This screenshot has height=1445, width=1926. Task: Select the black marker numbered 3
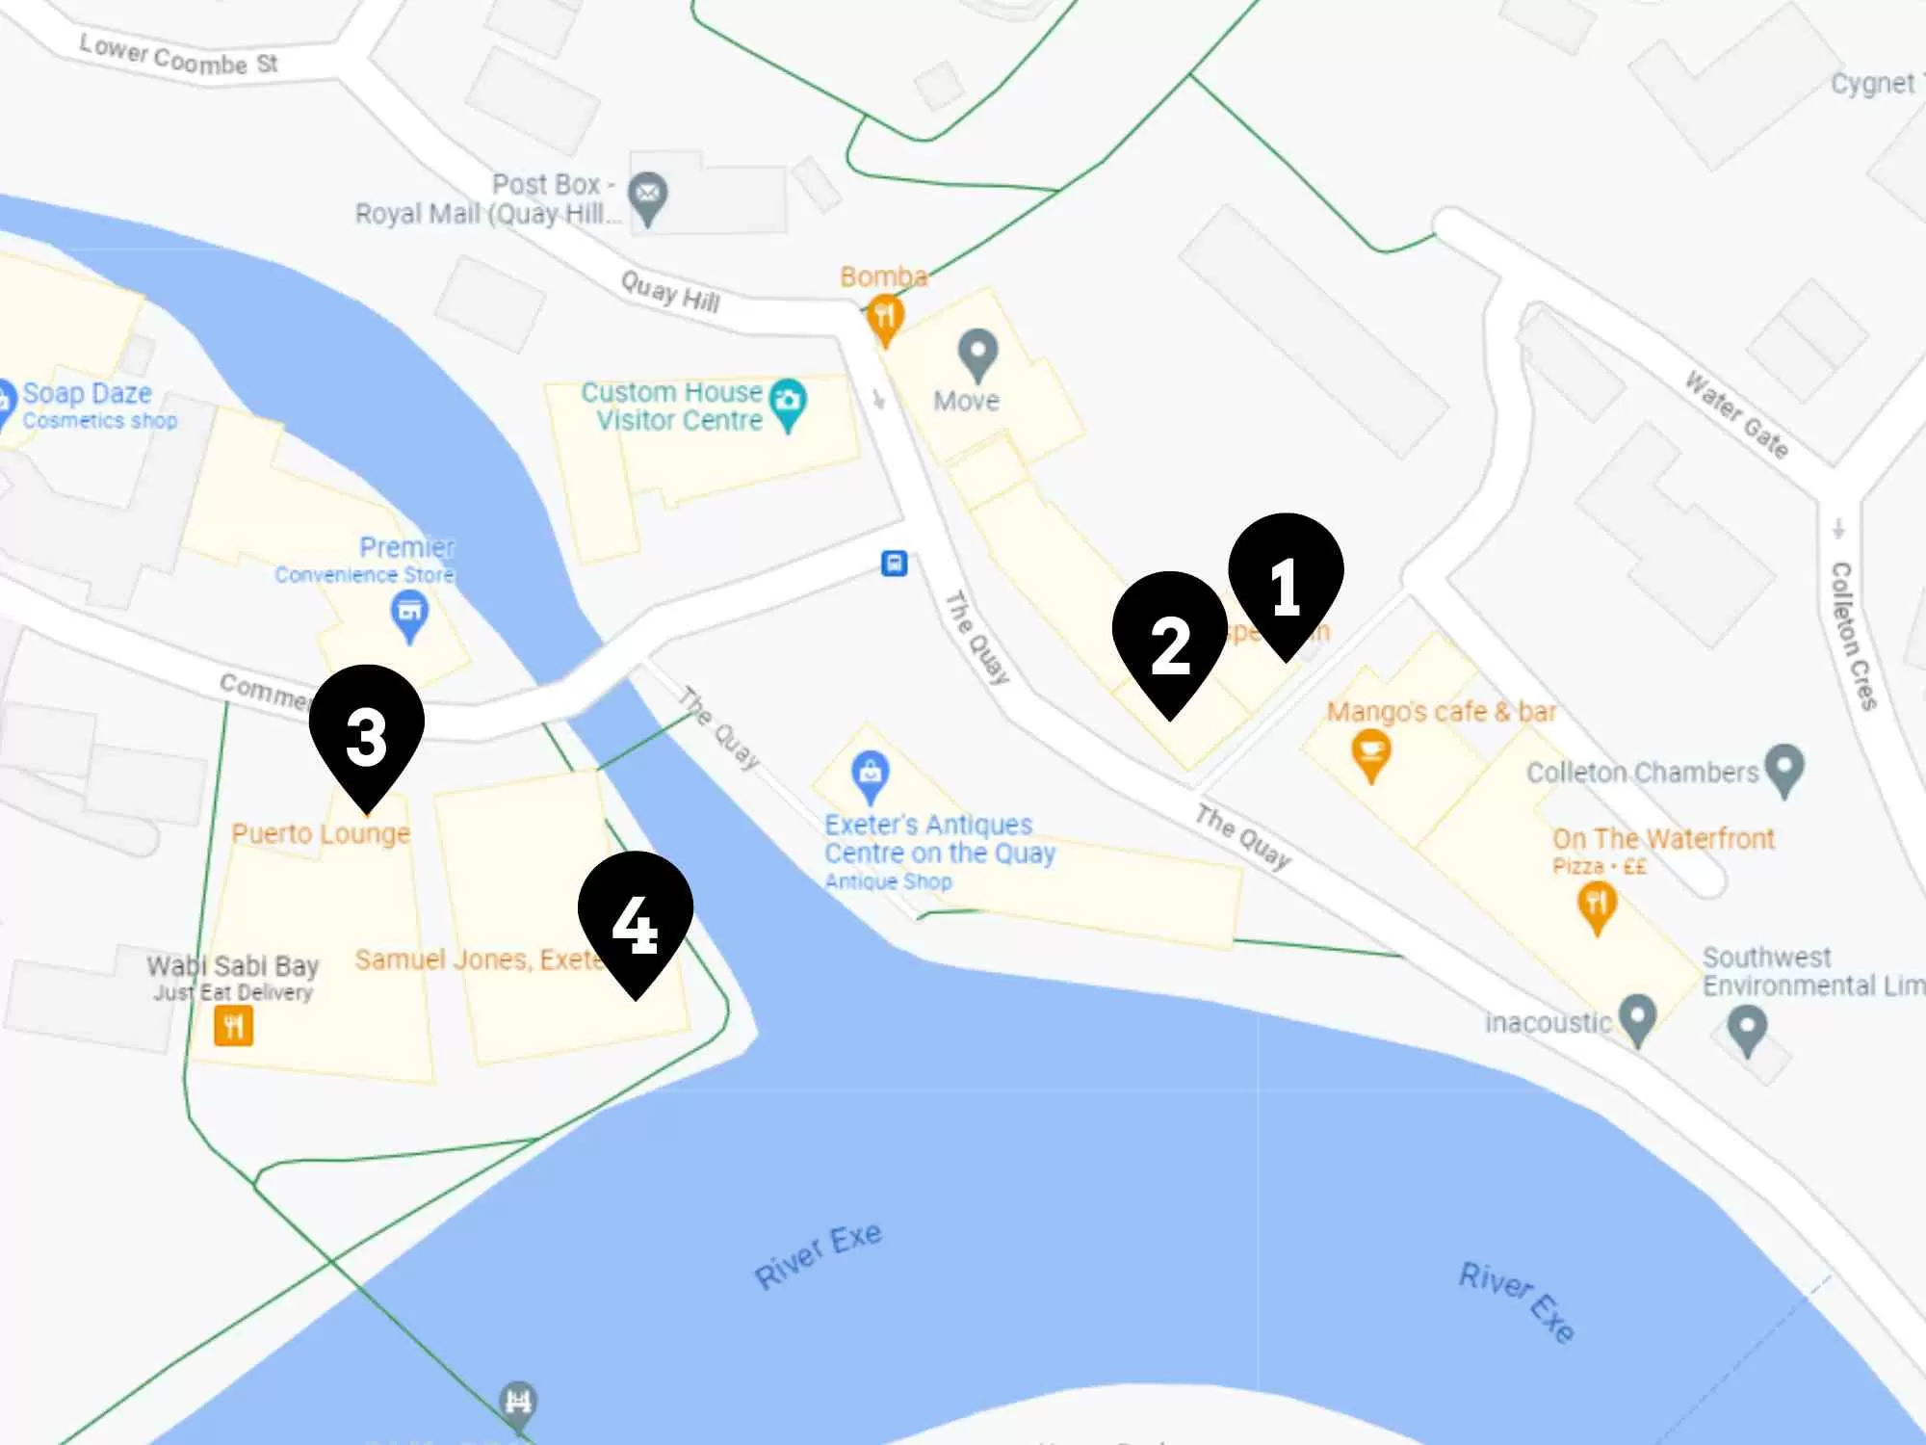pos(366,732)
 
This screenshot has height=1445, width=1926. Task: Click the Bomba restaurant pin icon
pos(884,318)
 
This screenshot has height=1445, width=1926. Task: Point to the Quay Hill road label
pos(670,292)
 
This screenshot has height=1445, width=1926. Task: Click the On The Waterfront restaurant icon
pos(1597,906)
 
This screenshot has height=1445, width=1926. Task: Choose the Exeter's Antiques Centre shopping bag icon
pos(871,775)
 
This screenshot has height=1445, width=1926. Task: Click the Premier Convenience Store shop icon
pos(409,614)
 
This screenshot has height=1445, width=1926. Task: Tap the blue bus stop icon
pos(895,564)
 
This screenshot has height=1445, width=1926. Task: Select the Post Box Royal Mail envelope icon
pos(648,196)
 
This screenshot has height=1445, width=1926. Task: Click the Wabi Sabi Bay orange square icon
pos(234,1026)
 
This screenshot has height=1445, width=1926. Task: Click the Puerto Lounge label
pos(321,833)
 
